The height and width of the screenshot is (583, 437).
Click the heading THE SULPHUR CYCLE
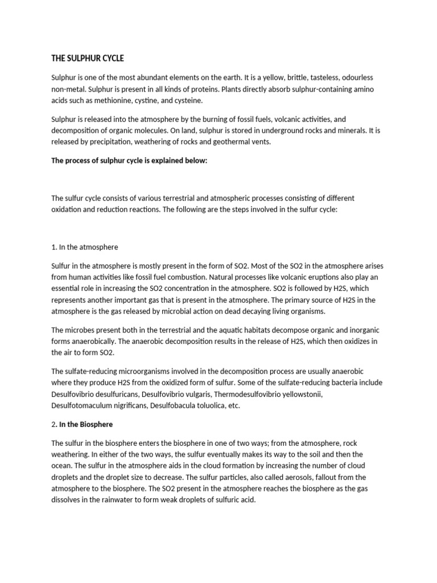click(87, 59)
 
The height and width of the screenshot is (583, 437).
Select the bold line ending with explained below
click(130, 161)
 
